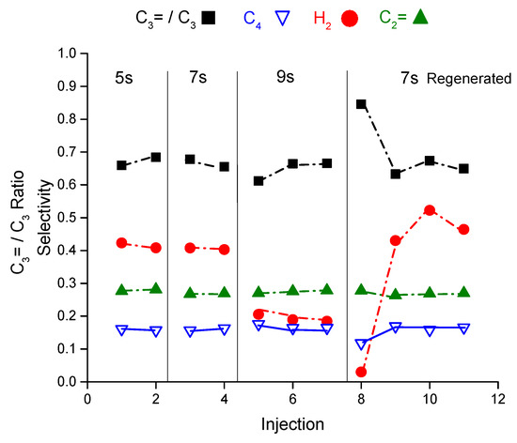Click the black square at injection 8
point(361,104)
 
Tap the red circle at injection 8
point(361,372)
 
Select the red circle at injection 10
point(430,210)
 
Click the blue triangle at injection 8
point(361,344)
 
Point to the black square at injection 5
point(258,180)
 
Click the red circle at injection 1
point(121,243)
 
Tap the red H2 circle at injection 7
point(327,321)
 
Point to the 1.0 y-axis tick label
point(67,53)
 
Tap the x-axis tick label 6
point(292,397)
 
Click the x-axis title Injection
point(292,423)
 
